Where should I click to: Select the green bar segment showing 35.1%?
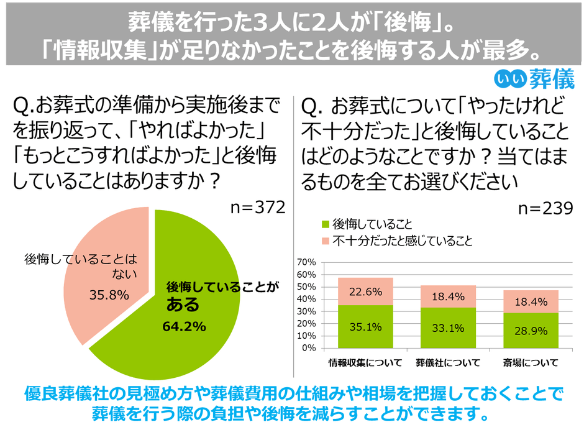pos(365,326)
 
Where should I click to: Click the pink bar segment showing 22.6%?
pos(365,291)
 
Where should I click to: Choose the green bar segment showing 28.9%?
pos(530,330)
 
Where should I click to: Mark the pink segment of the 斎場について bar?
pos(530,301)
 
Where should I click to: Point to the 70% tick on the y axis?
pos(307,262)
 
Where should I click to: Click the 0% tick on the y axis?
pos(309,348)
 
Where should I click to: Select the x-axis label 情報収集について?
pos(365,362)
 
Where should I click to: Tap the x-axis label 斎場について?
pos(531,362)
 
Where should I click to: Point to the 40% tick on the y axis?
pos(307,299)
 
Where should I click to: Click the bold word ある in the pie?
pos(183,305)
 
